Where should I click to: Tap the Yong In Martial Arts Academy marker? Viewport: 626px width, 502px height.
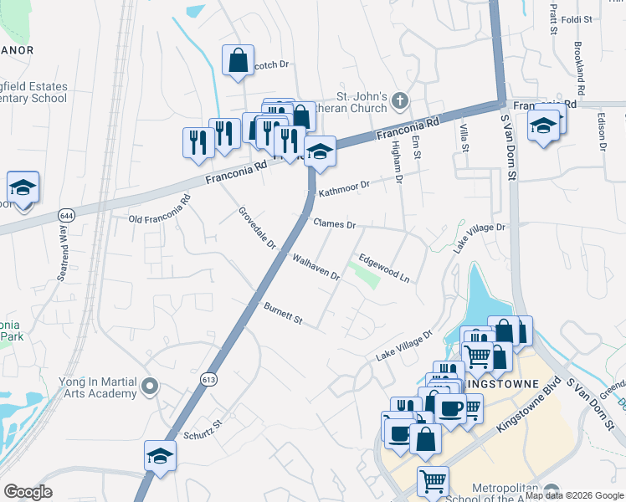tap(150, 387)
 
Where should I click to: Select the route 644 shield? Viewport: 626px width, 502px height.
tap(64, 216)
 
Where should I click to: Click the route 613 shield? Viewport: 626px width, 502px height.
tap(207, 380)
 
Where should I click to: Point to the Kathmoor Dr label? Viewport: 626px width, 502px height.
tap(342, 187)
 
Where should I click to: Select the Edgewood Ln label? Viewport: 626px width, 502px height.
tap(383, 268)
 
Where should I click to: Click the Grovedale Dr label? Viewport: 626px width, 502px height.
tap(257, 228)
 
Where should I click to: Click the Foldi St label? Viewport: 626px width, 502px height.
tap(577, 18)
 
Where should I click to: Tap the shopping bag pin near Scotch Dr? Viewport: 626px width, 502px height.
tap(238, 60)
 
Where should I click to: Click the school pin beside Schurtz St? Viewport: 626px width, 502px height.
tap(160, 456)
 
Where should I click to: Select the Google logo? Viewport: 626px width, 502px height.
tap(28, 492)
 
